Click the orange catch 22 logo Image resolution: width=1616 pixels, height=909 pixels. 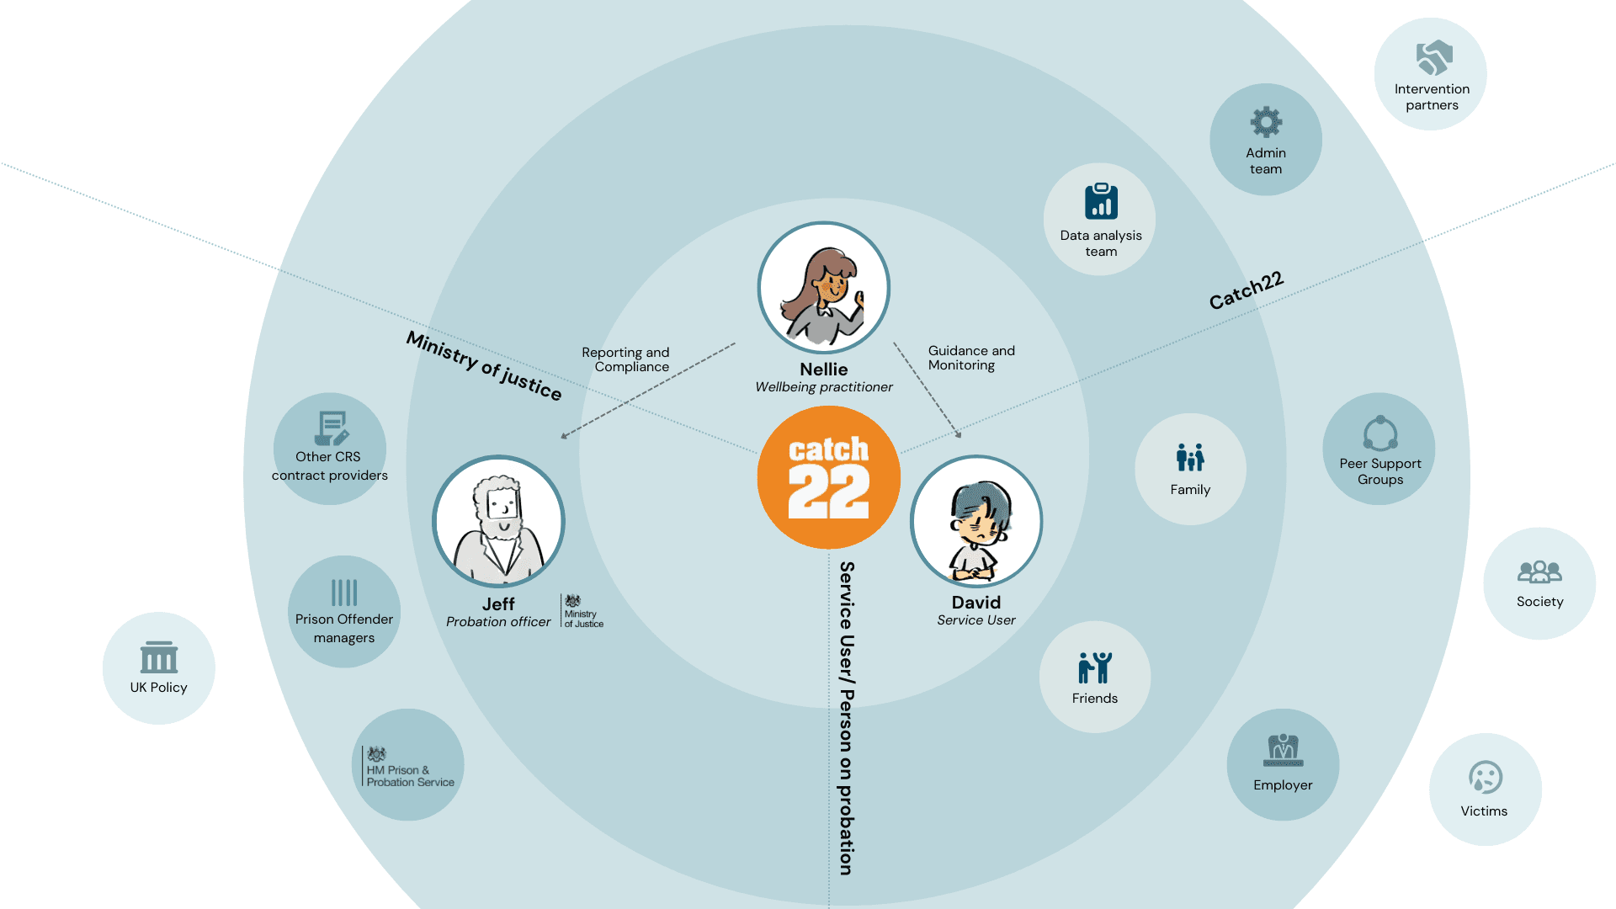click(829, 477)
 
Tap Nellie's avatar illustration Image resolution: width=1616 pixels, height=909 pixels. click(824, 288)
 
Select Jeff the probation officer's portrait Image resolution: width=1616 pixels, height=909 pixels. click(498, 522)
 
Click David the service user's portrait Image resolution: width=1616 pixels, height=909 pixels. click(976, 522)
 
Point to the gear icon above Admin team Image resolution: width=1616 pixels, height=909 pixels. click(1266, 123)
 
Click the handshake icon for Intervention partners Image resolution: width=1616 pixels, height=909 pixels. click(1434, 58)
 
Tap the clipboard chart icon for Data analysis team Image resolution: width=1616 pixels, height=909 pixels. click(1101, 201)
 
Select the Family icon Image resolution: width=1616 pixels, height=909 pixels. click(1190, 458)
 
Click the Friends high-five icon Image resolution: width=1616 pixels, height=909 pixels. click(1095, 667)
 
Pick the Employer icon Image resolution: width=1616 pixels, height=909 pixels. click(1284, 750)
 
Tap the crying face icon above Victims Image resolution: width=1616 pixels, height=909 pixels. click(1486, 778)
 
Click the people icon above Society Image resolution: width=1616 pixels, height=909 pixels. click(1539, 572)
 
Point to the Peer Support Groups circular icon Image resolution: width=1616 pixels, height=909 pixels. click(1380, 433)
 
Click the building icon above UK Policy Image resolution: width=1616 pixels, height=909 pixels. click(159, 657)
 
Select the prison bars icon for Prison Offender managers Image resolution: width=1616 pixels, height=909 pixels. click(344, 593)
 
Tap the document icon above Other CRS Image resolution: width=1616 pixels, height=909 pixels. click(332, 428)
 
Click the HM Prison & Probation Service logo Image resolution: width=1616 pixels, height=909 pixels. click(409, 767)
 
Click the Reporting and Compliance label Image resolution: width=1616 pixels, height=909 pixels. click(625, 359)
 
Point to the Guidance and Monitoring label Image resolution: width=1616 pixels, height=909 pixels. click(971, 358)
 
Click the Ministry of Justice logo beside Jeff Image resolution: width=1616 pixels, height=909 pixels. click(582, 611)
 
